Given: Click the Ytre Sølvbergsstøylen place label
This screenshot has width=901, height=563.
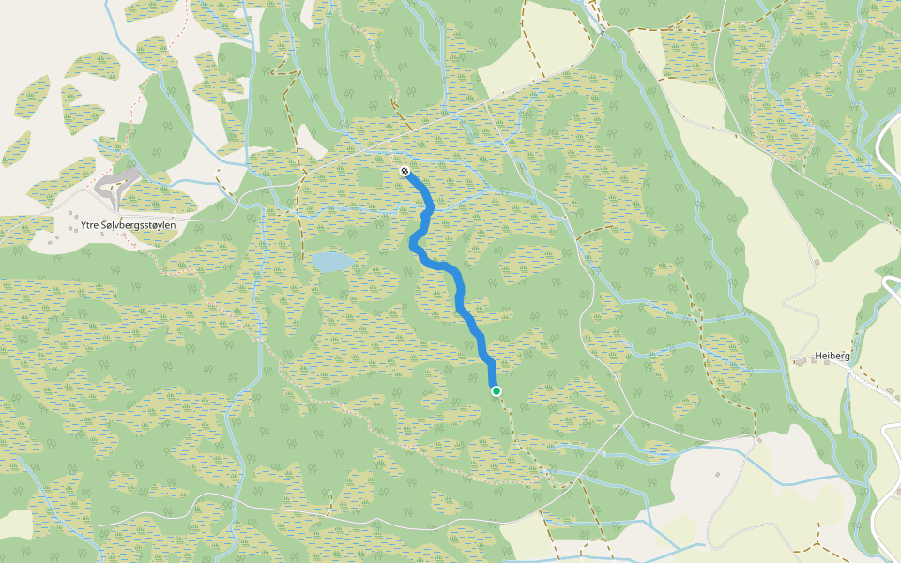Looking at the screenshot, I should coord(128,225).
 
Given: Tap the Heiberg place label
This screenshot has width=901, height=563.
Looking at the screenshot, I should coord(832,356).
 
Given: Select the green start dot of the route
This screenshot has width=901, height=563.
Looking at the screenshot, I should coord(496,390).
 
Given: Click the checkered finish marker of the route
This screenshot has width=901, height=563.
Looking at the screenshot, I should coord(404,171).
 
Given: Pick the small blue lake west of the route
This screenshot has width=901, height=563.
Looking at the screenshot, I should coord(333,262).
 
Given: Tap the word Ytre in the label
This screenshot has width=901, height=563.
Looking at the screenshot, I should coord(90,225).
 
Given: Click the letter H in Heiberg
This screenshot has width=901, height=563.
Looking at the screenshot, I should coord(817,356).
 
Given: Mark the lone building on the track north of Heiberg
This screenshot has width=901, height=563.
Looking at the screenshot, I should coord(817,262).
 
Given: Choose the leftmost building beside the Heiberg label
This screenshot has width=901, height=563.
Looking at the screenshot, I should coord(797,360).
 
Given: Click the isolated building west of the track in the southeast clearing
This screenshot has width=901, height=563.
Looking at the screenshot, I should coord(717,474).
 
